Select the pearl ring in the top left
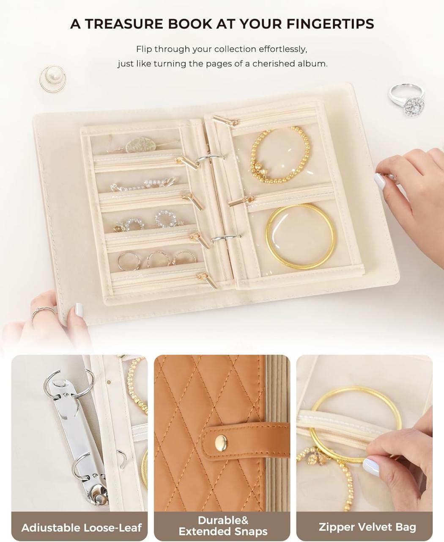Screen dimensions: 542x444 point(53,78)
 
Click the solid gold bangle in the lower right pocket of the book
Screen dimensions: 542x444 point(301,237)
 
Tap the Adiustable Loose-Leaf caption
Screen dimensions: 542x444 point(81,528)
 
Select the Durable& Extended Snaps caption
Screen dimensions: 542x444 point(222,525)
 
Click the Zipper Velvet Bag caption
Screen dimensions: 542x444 point(367,527)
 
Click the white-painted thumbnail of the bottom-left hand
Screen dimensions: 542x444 point(79,310)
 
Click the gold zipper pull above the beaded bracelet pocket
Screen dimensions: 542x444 point(225,121)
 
